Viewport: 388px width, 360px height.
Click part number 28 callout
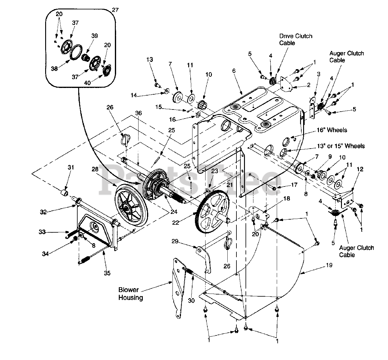coord(95,169)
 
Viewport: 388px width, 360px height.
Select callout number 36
coord(138,113)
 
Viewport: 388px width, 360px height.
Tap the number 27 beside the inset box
coord(115,10)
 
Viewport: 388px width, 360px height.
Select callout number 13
coord(149,59)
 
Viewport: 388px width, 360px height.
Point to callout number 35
coord(107,273)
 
